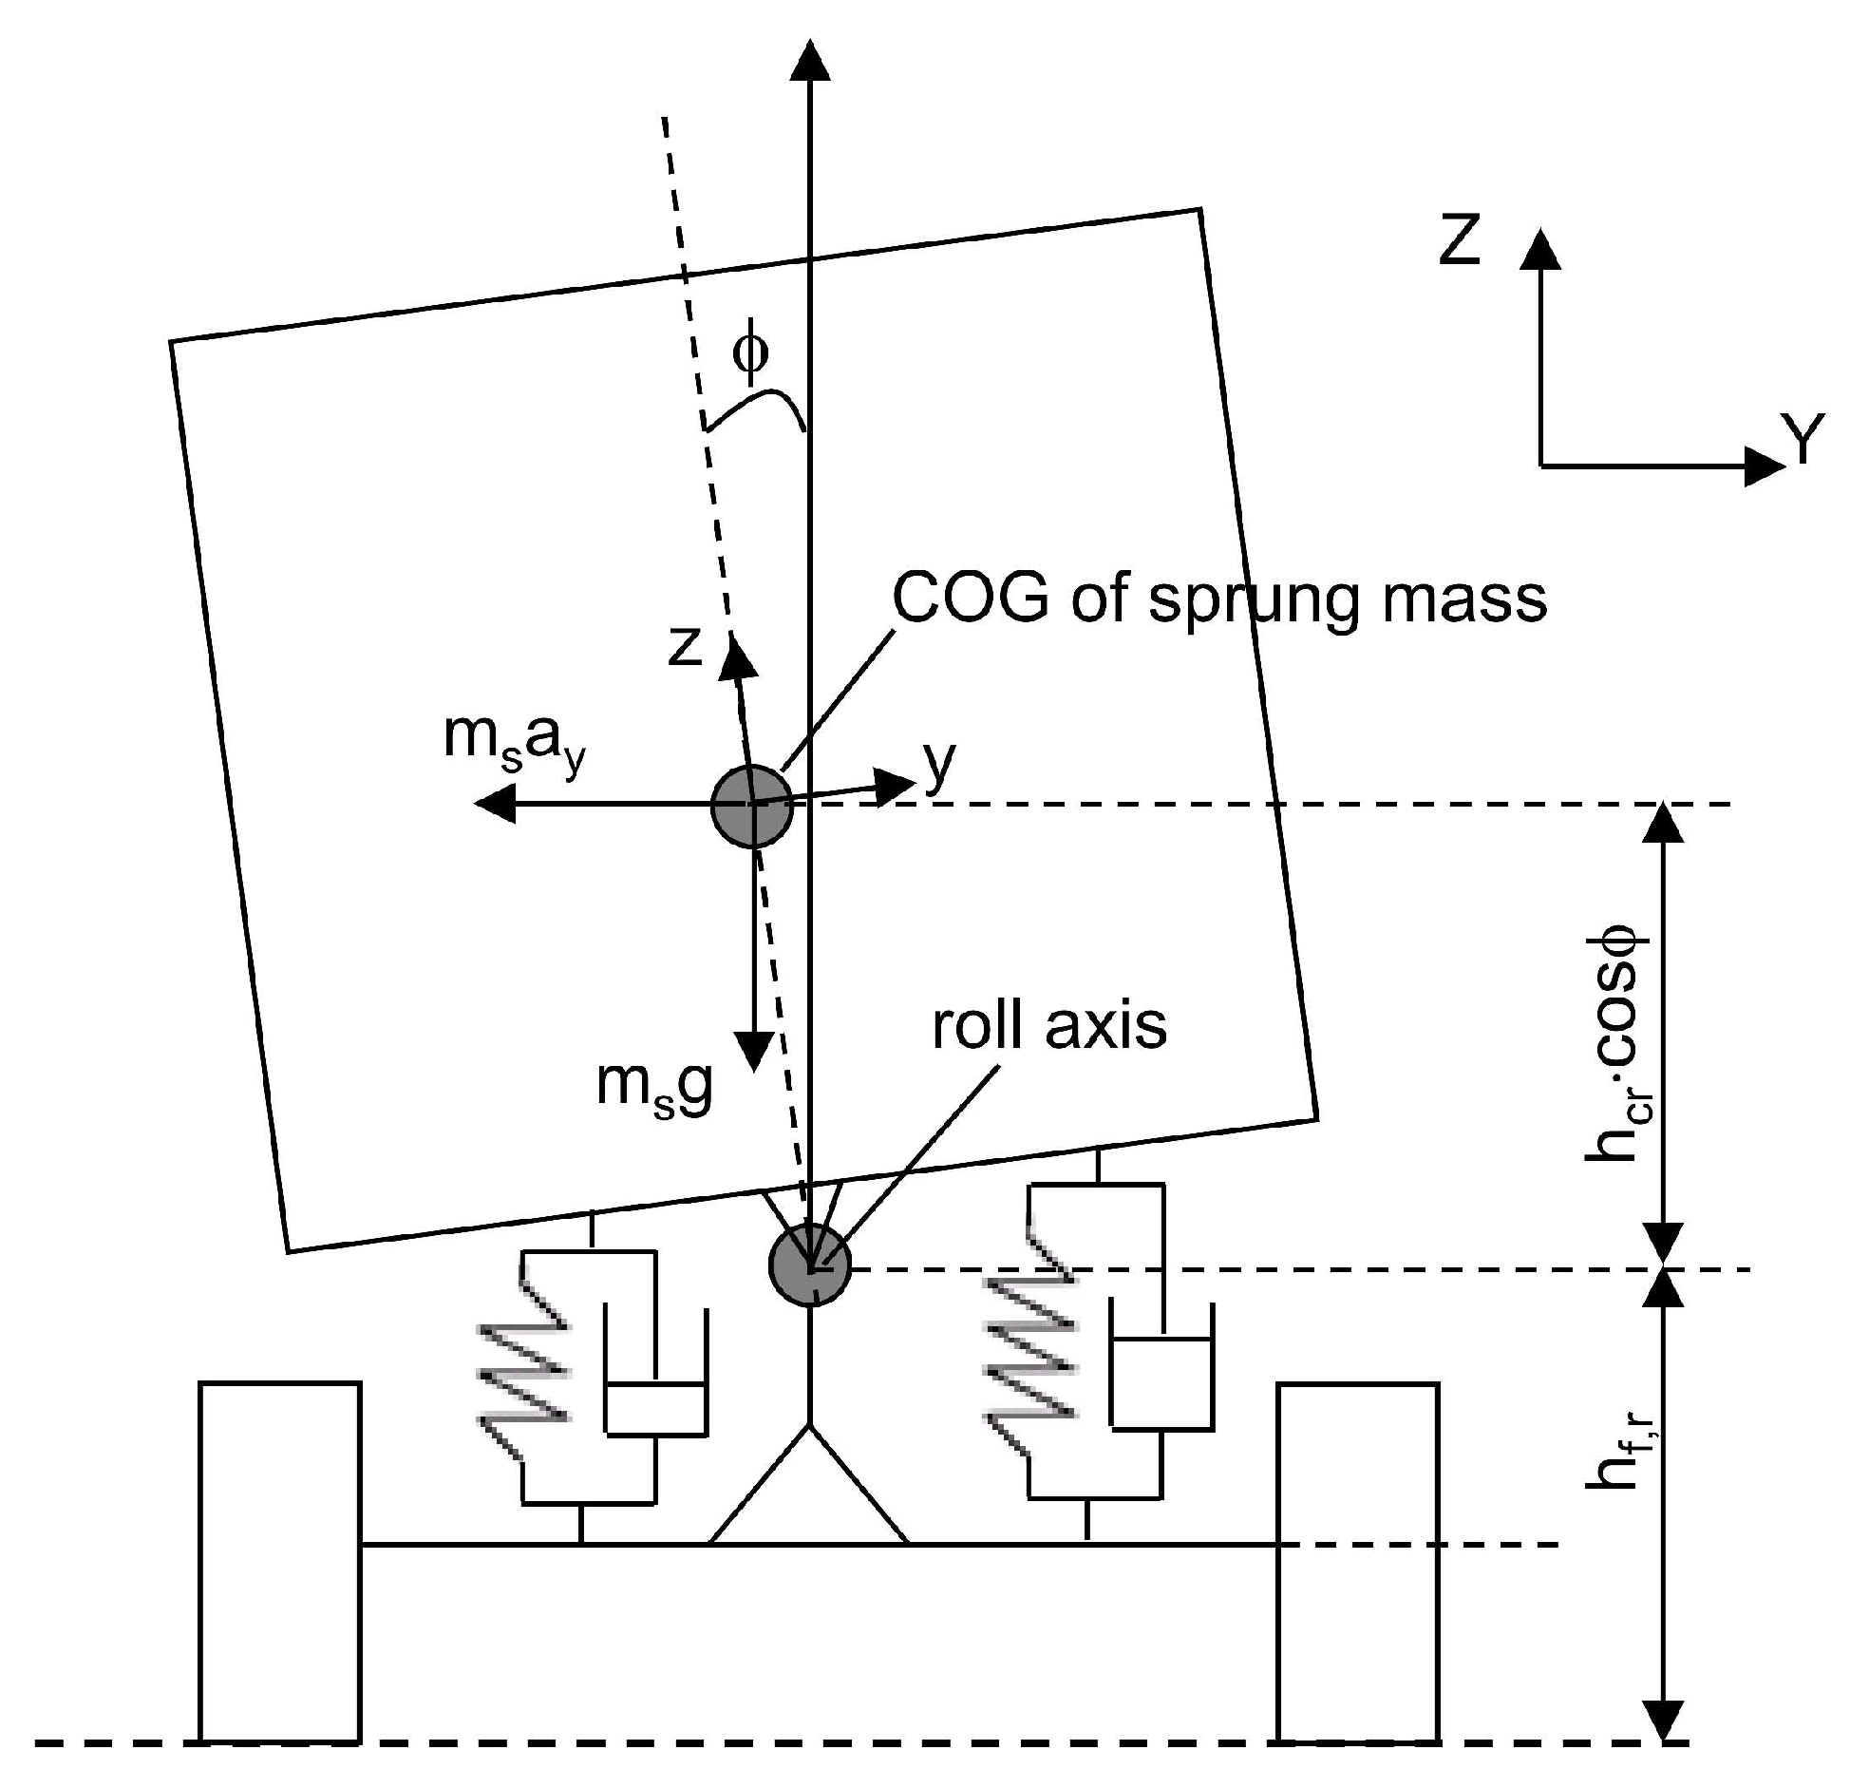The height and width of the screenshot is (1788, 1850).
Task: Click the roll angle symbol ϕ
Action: click(x=750, y=353)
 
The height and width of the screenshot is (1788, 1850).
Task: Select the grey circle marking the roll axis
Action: click(x=809, y=1265)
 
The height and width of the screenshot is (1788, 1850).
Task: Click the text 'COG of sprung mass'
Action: click(x=1219, y=599)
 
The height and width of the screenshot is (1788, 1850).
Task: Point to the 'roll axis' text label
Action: click(x=1048, y=1026)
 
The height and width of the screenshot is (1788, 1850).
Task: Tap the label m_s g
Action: click(x=653, y=1086)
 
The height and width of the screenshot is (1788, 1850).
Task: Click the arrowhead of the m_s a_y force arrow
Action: click(x=492, y=805)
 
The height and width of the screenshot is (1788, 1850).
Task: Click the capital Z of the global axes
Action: click(x=1460, y=239)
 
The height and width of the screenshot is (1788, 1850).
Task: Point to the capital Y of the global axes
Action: click(x=1802, y=438)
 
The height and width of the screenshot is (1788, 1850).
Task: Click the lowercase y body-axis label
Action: click(x=939, y=765)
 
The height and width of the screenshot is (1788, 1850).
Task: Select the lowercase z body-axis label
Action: click(x=685, y=645)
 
